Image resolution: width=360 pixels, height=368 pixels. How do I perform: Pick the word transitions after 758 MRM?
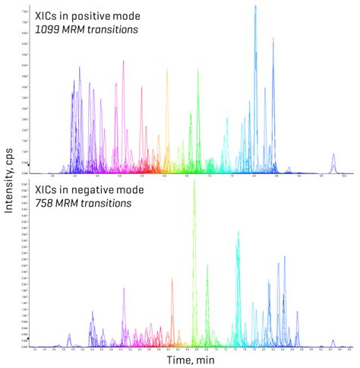point(108,204)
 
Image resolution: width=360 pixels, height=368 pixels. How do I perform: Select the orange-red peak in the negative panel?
point(172,293)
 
